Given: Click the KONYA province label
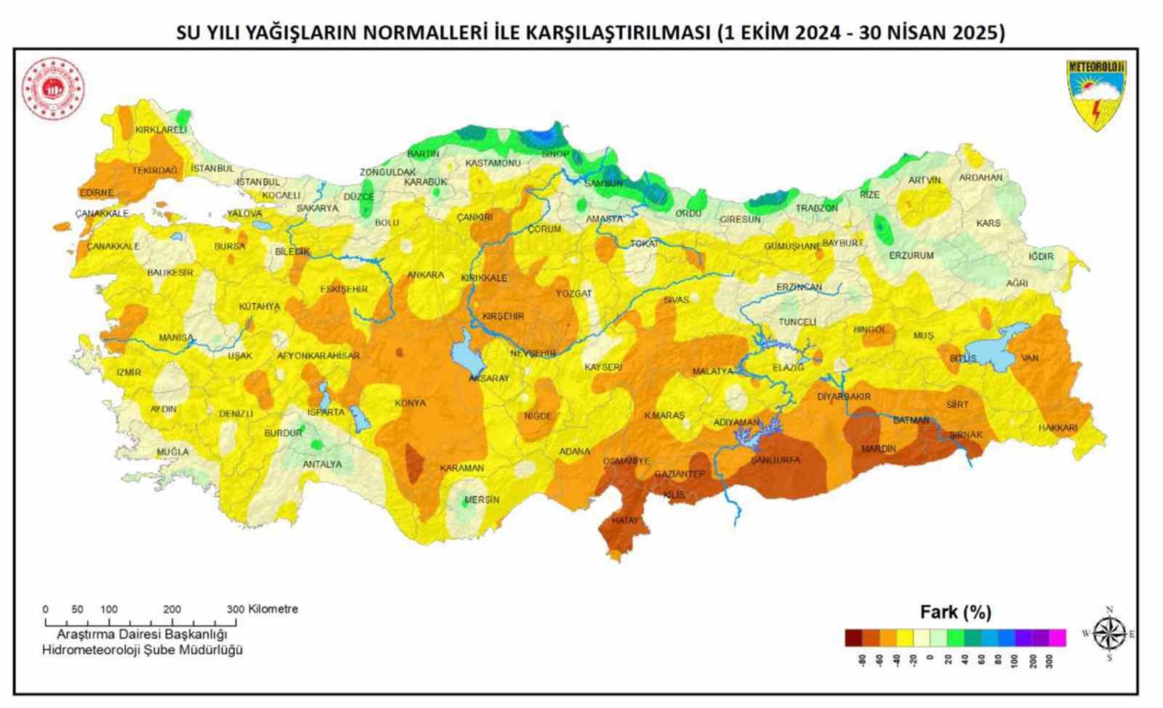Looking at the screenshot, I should [x=410, y=403].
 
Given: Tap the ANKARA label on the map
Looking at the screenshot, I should [x=425, y=275].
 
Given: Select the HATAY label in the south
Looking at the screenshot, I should [x=624, y=520].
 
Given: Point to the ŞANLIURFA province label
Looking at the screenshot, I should [x=775, y=460].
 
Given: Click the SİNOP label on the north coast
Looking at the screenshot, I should [x=555, y=154].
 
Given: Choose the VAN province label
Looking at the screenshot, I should [x=1029, y=358].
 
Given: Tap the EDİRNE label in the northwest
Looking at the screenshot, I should [x=97, y=193].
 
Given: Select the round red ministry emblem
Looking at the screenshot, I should [x=53, y=89].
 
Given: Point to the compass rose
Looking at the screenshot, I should [x=1109, y=633].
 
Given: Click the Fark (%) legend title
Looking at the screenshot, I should [x=955, y=612].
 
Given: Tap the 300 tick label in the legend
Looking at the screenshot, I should [x=1049, y=661].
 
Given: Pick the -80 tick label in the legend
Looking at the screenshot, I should [x=862, y=661].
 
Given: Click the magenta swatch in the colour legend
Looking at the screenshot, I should [x=1058, y=637].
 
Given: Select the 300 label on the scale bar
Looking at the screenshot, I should [x=235, y=609].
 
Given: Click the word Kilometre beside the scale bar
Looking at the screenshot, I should [x=273, y=609].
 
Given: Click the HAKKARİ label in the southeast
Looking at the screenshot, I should [x=1058, y=428].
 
